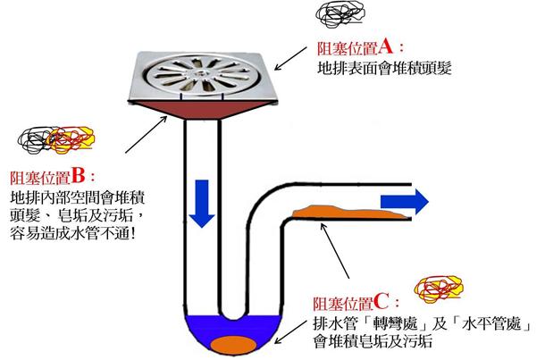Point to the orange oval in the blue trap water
(231, 342)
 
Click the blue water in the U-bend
(201, 331)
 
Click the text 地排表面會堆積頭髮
(381, 67)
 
